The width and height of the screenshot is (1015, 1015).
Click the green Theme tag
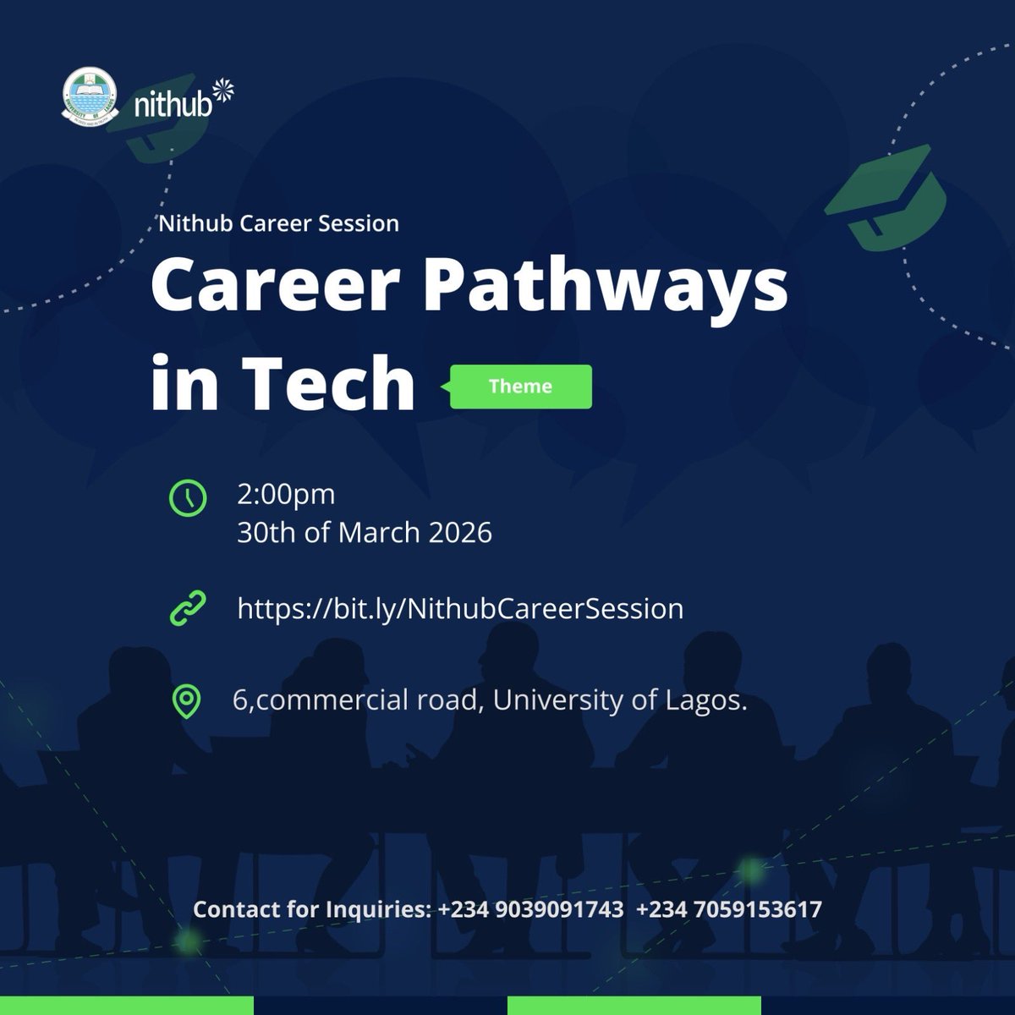pos(520,387)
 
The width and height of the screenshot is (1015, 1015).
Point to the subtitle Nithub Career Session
pos(279,224)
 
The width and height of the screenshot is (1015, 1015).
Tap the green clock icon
pos(187,497)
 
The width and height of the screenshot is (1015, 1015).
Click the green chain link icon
pos(187,609)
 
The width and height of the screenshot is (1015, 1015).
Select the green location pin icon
pos(186,701)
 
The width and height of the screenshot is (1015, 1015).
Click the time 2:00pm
pos(286,494)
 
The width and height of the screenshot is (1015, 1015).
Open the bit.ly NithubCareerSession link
pos(460,609)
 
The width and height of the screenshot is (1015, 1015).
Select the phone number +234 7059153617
pos(728,910)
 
